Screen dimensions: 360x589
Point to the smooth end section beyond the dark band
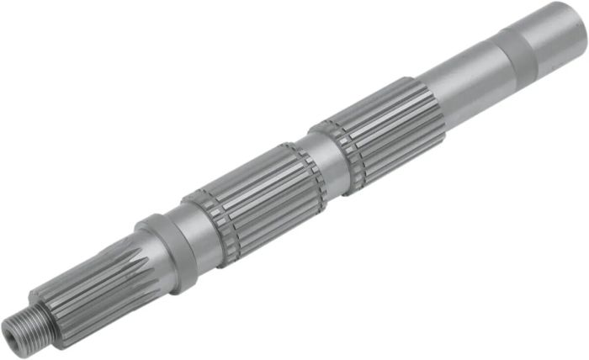coord(555,29)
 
